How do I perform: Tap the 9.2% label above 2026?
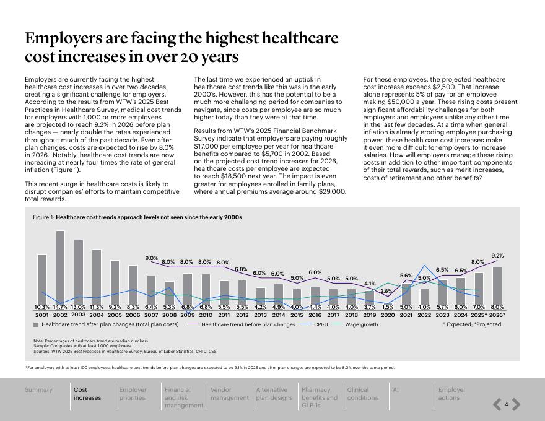click(497, 256)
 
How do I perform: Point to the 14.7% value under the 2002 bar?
click(60, 307)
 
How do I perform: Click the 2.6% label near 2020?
click(386, 291)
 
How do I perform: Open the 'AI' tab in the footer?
click(396, 390)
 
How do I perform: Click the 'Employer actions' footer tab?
click(451, 394)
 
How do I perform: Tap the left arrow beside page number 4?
click(497, 405)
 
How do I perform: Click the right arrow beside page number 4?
click(516, 405)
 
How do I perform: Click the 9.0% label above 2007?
click(152, 258)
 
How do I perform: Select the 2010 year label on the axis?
click(206, 315)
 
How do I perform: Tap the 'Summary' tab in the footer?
click(38, 390)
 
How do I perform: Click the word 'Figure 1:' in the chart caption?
click(43, 217)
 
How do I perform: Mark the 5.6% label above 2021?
click(406, 276)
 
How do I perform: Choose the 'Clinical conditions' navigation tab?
click(362, 394)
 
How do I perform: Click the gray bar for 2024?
click(460, 291)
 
